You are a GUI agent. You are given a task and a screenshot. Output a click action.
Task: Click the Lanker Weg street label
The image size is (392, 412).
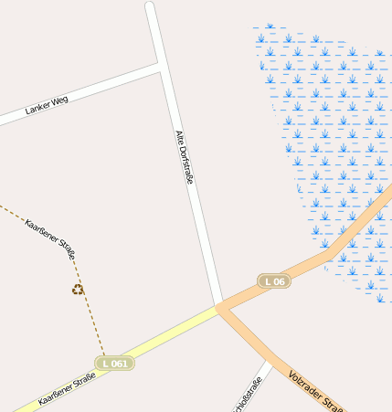click(47, 105)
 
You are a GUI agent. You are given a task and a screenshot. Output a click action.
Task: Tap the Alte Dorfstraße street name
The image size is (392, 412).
click(184, 157)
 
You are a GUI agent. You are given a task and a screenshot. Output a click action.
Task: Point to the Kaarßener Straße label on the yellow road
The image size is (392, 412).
click(67, 389)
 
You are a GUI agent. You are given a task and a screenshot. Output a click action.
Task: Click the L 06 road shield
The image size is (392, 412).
click(273, 281)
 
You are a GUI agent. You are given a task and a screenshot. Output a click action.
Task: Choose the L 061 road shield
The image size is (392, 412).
click(115, 364)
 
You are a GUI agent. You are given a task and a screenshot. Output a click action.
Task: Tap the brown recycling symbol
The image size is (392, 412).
click(78, 290)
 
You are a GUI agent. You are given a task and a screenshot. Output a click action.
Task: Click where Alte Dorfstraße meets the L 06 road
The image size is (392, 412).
click(218, 306)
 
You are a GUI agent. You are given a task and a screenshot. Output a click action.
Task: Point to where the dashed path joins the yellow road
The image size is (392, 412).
click(105, 356)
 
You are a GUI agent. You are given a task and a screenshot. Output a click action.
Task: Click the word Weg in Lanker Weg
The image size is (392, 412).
click(59, 100)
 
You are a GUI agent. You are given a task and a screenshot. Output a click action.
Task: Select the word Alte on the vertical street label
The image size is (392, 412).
click(178, 139)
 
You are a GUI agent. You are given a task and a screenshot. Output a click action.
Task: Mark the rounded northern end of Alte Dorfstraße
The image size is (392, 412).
click(150, 7)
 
